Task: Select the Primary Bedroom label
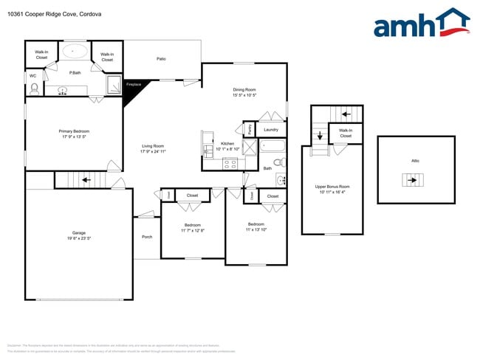[74, 134]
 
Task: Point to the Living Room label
[153, 148]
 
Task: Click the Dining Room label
[244, 92]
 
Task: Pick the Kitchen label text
[228, 146]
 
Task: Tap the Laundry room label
[270, 130]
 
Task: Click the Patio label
[161, 59]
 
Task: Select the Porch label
[147, 237]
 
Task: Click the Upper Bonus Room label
[332, 189]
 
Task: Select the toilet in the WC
[34, 89]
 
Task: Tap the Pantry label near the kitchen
[250, 129]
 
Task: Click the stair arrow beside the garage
[86, 179]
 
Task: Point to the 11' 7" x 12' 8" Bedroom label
[192, 227]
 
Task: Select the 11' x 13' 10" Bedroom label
[256, 226]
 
